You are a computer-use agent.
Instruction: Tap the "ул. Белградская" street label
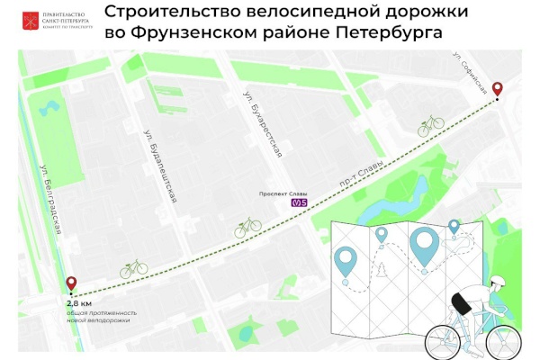tap(53, 202)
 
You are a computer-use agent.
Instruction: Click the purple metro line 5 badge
tap(300, 203)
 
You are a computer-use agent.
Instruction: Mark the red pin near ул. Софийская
tap(496, 90)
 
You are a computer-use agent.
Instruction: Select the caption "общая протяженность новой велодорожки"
tap(98, 317)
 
